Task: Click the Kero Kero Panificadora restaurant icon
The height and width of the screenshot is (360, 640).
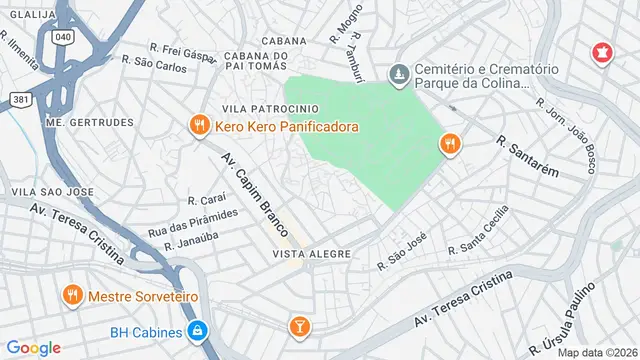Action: (x=199, y=126)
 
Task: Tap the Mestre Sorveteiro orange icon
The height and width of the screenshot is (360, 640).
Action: (x=72, y=296)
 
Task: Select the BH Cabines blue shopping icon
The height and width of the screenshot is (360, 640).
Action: (x=199, y=331)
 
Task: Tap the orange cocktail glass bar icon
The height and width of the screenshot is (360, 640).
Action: (x=298, y=326)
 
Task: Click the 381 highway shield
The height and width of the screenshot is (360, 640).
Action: (x=21, y=99)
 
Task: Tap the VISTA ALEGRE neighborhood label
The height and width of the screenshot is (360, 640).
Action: (x=311, y=254)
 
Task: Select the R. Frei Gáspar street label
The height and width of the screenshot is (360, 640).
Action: (x=183, y=49)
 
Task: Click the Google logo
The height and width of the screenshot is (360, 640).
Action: (x=34, y=347)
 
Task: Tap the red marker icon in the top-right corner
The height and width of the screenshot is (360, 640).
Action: (x=602, y=52)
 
